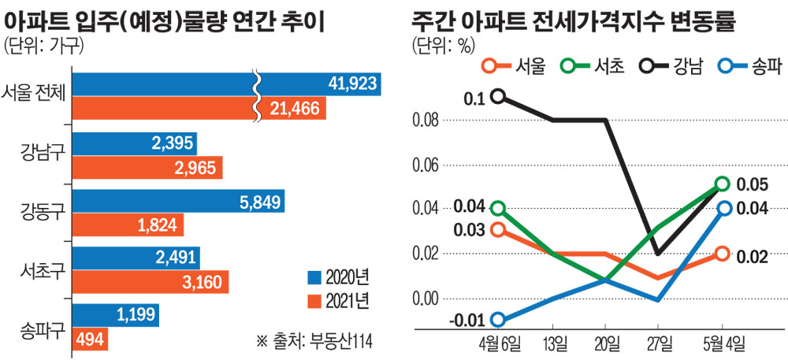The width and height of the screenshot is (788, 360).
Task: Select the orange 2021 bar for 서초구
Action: [x=150, y=282]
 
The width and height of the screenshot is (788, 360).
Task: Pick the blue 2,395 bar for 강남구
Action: [x=134, y=143]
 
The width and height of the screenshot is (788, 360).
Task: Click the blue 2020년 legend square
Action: [x=313, y=276]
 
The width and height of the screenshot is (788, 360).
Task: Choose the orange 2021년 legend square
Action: [x=313, y=300]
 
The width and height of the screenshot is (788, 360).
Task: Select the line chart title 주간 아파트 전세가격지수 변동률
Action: [x=572, y=19]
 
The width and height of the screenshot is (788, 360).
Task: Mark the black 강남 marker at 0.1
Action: [x=498, y=97]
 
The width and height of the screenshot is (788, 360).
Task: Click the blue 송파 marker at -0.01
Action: [x=498, y=320]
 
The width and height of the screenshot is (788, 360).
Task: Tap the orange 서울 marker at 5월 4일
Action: [x=722, y=253]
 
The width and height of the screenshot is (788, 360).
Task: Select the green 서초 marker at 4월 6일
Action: [x=498, y=209]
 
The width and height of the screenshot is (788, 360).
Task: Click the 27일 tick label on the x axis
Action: [x=660, y=343]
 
